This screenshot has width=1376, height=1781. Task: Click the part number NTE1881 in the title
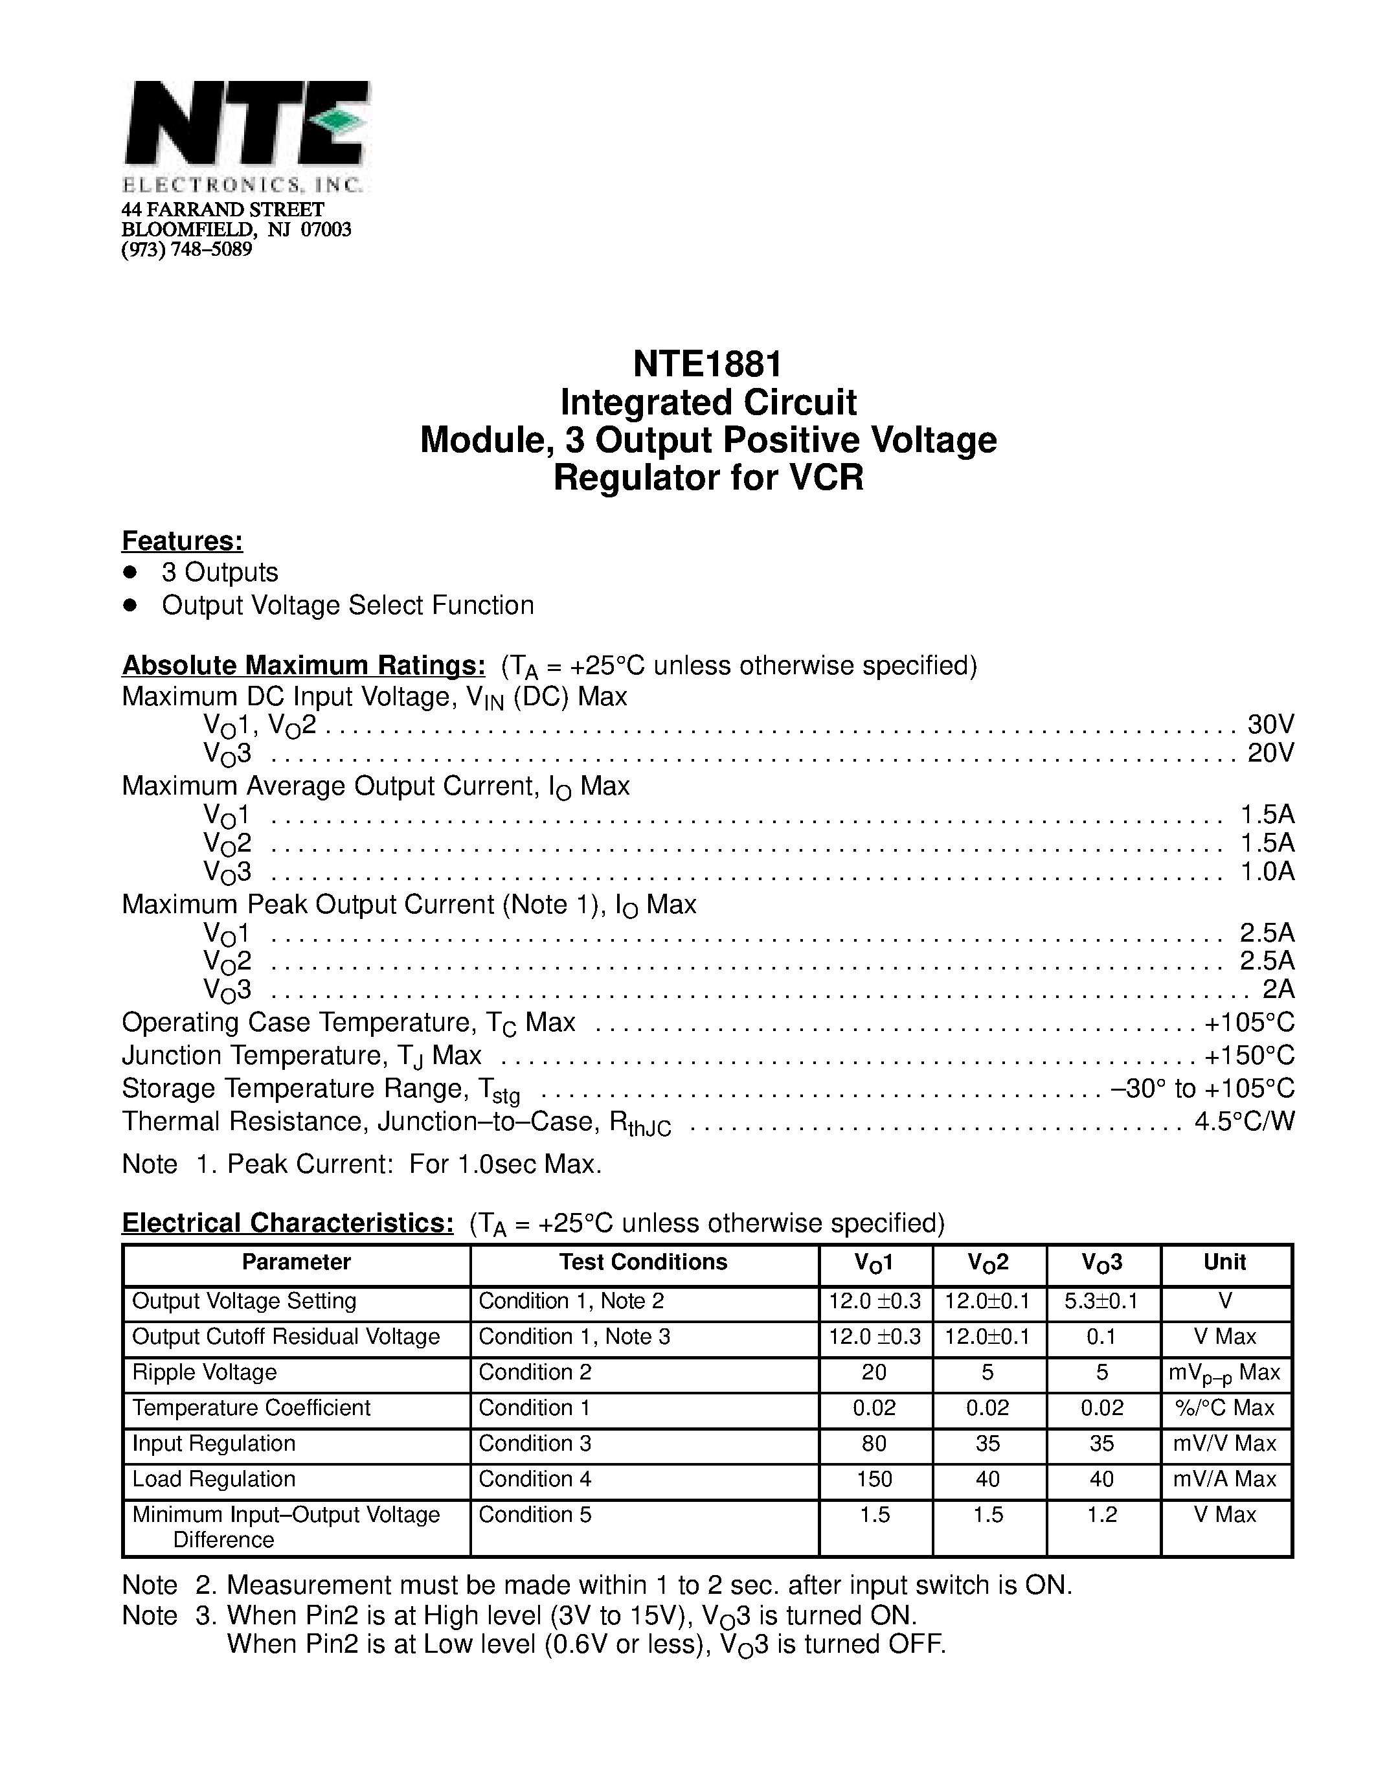(x=708, y=364)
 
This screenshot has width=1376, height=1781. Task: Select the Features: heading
(x=183, y=541)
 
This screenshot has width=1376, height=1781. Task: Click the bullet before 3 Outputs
(x=129, y=573)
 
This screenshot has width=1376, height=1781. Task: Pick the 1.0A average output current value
(x=1267, y=872)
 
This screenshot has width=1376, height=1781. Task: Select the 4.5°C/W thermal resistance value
(x=1244, y=1122)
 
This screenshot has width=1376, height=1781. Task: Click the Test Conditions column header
(x=643, y=1262)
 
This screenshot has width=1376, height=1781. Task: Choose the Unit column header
(x=1224, y=1262)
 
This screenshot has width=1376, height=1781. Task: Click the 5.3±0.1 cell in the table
(x=1101, y=1302)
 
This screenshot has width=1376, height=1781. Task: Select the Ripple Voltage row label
(x=205, y=1372)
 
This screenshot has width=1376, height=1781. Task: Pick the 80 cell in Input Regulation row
(x=874, y=1444)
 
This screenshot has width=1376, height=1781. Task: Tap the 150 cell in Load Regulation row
(x=874, y=1479)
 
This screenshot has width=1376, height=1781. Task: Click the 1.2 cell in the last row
(x=1101, y=1515)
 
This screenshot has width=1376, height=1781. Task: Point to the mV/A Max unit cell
(x=1224, y=1479)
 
